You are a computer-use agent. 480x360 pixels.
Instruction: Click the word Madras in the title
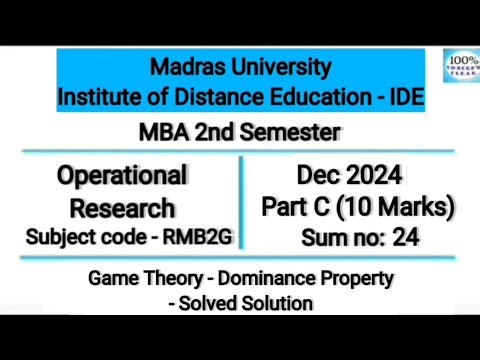186,68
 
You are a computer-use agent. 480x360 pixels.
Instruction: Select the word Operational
122,176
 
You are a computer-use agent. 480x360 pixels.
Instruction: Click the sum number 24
405,237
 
